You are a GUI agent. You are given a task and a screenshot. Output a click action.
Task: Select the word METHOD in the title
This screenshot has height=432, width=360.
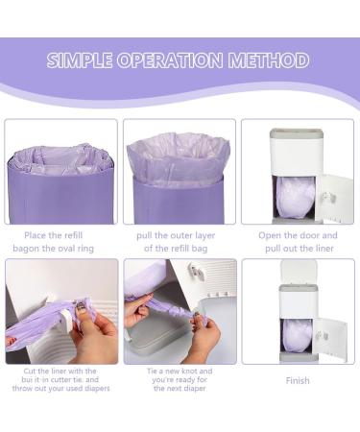click(x=272, y=60)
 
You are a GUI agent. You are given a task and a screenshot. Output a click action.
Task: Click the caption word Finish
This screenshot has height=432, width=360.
click(x=298, y=380)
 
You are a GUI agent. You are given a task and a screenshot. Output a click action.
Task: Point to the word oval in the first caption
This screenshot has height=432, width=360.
click(x=84, y=249)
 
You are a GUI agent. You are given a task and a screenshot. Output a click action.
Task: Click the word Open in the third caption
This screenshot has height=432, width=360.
click(x=271, y=235)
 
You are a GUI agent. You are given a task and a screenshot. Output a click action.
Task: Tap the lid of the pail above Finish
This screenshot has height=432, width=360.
click(x=299, y=271)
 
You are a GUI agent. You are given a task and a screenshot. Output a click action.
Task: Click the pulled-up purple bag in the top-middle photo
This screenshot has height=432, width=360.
click(x=178, y=154)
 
